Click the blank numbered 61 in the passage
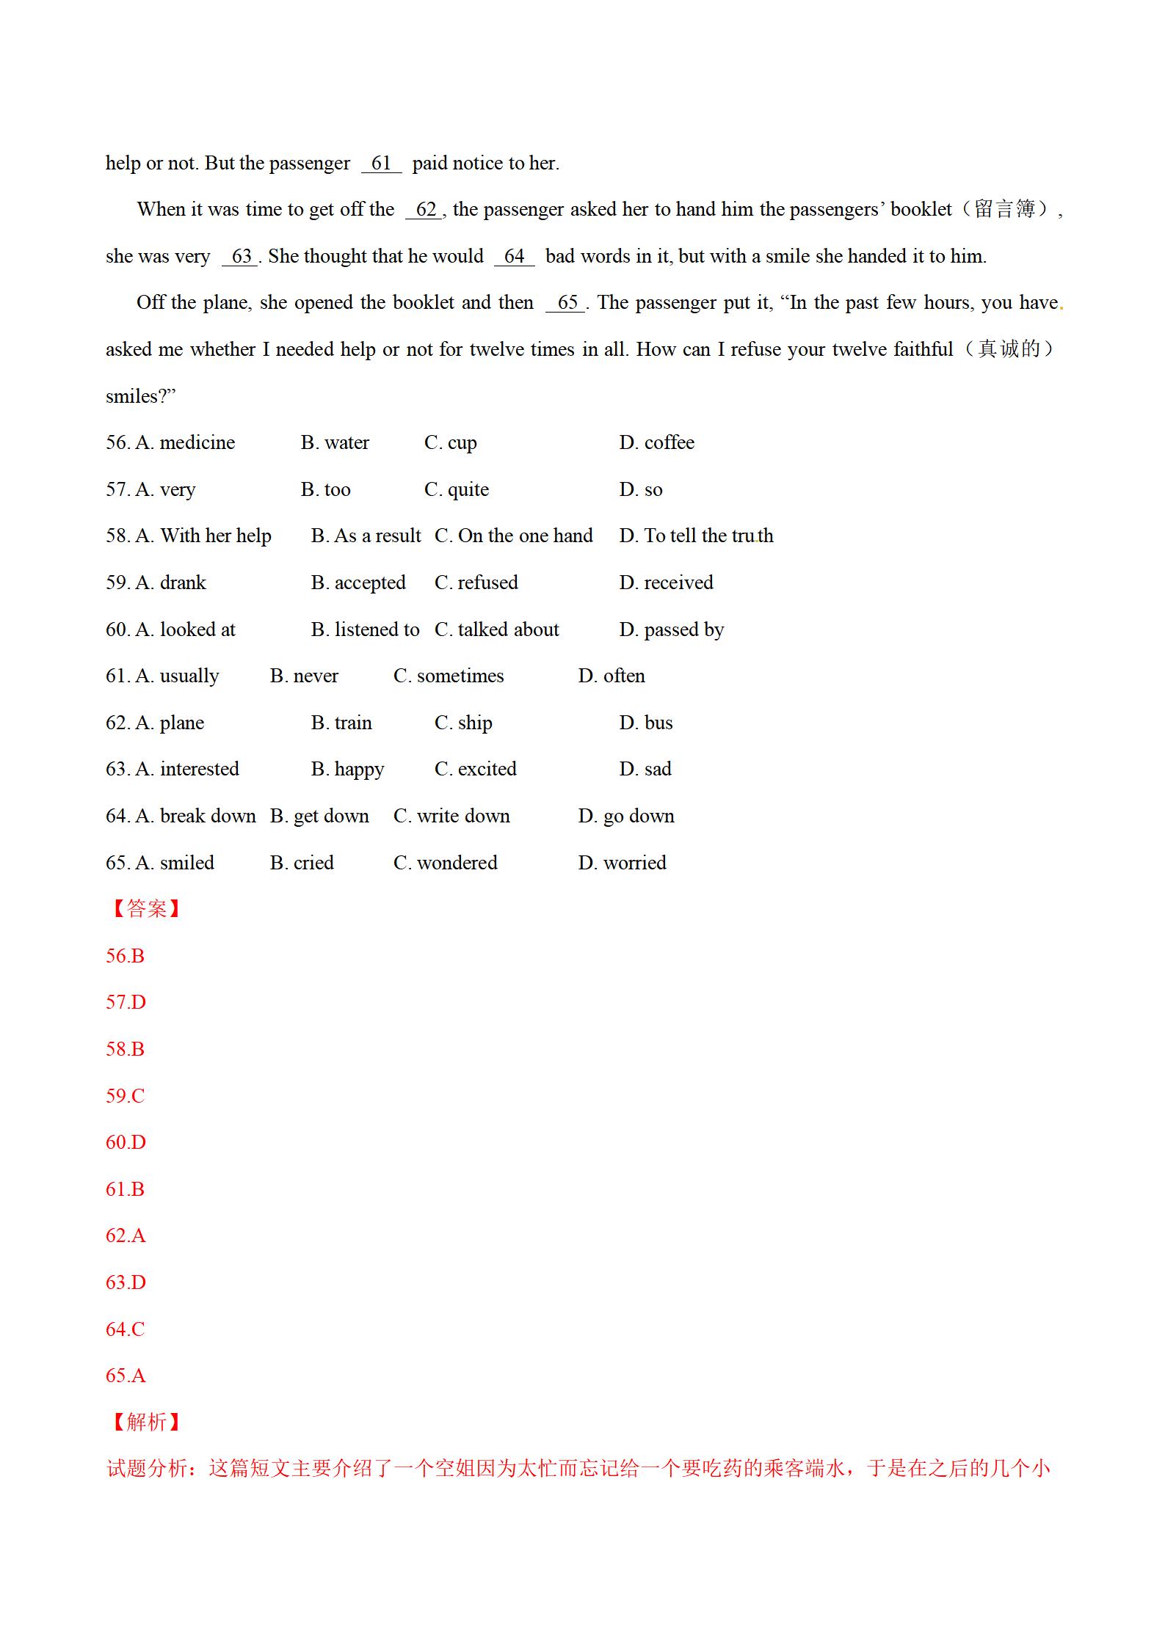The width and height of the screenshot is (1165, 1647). (x=381, y=164)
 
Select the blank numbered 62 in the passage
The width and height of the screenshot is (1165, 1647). (x=425, y=210)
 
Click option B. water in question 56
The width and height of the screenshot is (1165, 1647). (x=335, y=443)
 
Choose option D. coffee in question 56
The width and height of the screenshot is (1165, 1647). (x=656, y=443)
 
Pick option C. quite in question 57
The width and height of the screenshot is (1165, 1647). (x=456, y=490)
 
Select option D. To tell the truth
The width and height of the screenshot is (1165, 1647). (x=696, y=536)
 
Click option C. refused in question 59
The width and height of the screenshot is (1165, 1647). (x=476, y=583)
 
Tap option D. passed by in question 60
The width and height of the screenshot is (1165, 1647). (x=671, y=630)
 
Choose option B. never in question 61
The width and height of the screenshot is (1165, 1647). (x=304, y=676)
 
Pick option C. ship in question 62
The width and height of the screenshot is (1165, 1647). (x=463, y=723)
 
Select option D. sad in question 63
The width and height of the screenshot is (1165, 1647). (x=645, y=770)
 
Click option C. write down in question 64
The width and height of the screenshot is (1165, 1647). (x=451, y=817)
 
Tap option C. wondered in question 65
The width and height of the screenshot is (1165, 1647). (x=445, y=863)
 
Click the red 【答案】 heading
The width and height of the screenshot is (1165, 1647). (x=145, y=910)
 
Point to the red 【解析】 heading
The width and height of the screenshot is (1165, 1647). (x=145, y=1423)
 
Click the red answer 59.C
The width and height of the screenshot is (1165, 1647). (x=126, y=1096)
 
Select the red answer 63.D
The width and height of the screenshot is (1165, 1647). (x=126, y=1282)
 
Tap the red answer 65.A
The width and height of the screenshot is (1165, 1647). (x=126, y=1376)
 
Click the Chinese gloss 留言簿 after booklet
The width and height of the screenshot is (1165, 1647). (x=1004, y=210)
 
